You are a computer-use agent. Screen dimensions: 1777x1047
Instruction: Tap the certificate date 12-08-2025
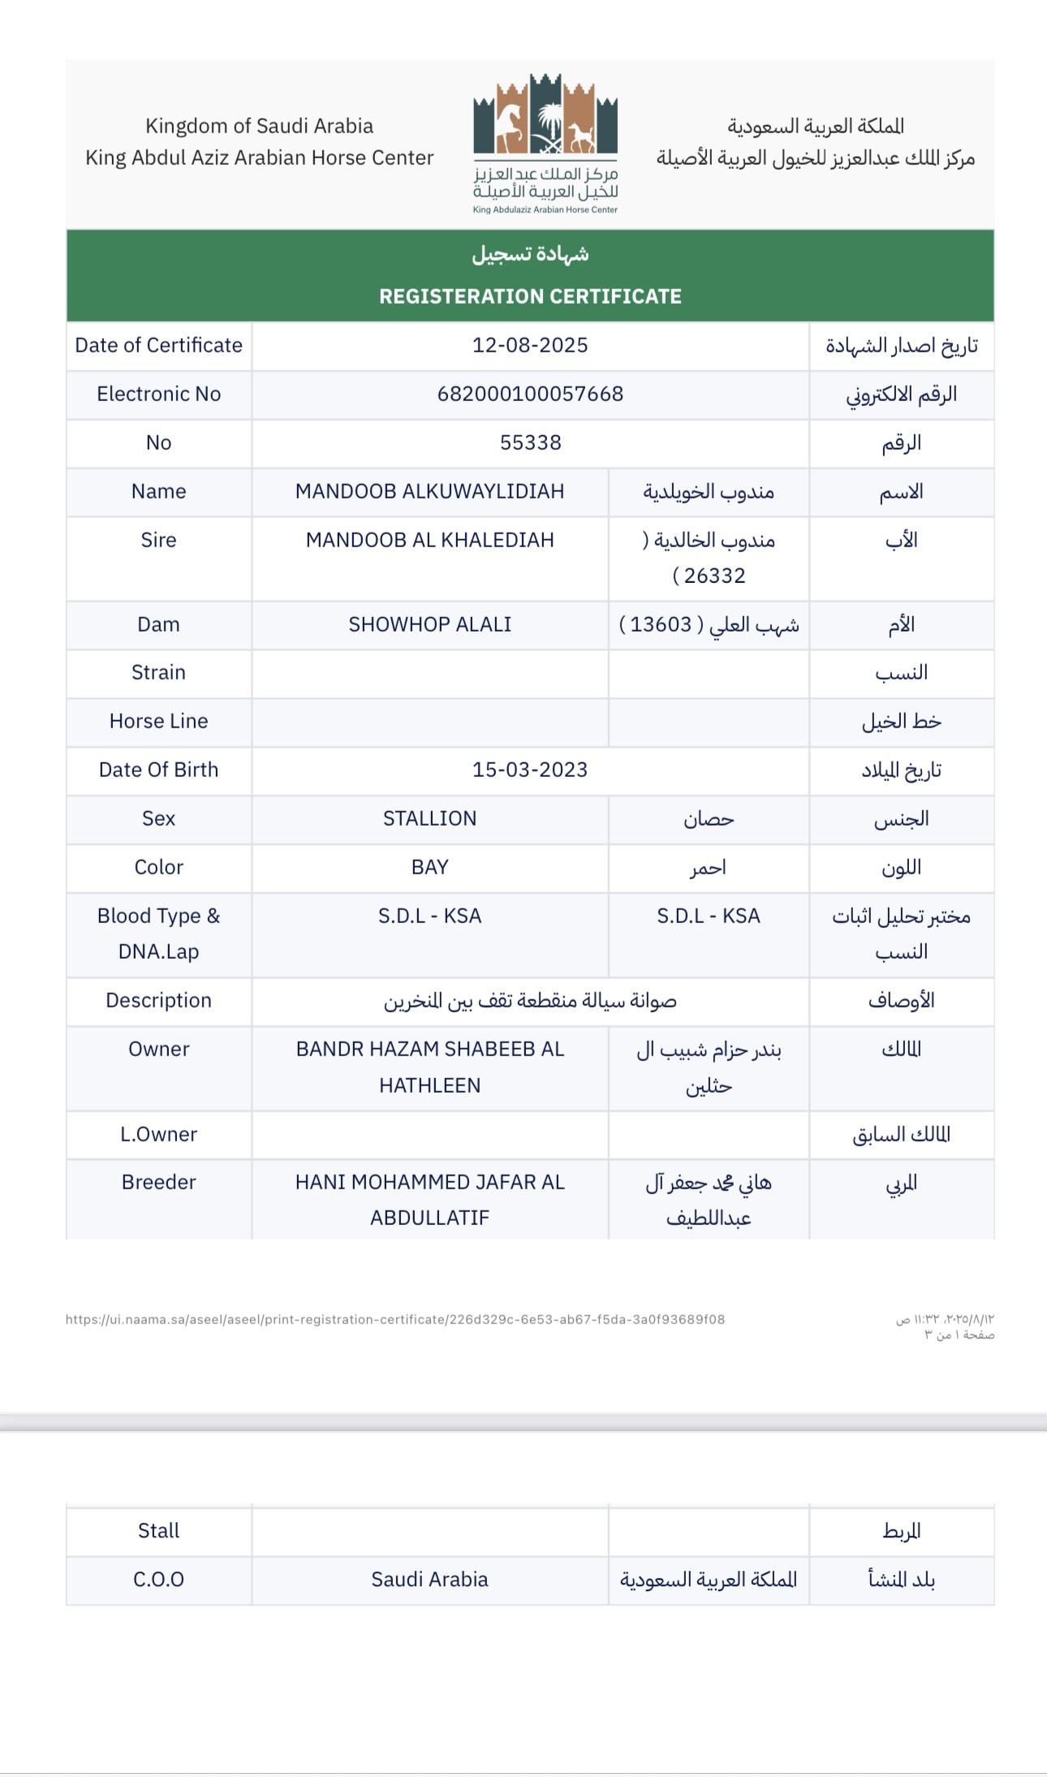point(530,345)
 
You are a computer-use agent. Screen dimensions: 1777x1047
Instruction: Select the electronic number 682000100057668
point(530,394)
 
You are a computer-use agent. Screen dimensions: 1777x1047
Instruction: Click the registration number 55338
point(530,442)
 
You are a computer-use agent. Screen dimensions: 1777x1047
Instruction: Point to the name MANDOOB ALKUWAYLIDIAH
point(429,491)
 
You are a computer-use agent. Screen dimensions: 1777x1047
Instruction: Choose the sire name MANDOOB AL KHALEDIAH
point(429,540)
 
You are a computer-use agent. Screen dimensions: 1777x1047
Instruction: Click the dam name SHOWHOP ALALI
point(429,624)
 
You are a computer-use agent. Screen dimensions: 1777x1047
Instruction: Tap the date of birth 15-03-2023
point(530,770)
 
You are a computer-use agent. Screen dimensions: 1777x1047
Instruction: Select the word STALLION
point(429,818)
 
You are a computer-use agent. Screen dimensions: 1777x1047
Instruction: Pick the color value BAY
point(429,867)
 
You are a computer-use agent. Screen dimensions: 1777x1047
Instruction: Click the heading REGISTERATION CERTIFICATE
point(530,296)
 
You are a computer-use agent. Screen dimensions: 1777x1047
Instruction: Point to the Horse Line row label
point(158,721)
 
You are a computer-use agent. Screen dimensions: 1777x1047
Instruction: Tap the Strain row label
point(158,672)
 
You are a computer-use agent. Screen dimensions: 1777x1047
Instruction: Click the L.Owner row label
point(158,1134)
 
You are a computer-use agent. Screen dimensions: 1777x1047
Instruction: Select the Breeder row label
point(158,1182)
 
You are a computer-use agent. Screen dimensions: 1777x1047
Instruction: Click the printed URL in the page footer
point(395,1319)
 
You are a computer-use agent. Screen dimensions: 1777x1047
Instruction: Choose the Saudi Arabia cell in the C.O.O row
point(429,1579)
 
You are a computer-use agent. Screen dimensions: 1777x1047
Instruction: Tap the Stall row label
point(158,1530)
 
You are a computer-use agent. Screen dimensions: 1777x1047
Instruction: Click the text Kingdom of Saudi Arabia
point(259,126)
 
